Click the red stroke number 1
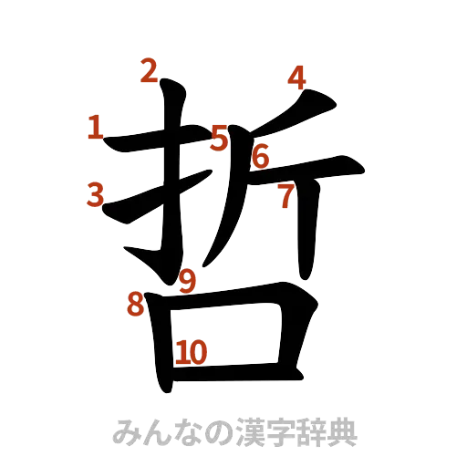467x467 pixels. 95,128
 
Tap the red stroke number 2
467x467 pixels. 150,69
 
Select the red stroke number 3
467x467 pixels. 98,193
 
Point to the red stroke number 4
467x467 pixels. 296,78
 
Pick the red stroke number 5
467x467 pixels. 220,138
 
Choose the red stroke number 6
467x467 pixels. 261,157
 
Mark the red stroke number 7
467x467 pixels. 285,194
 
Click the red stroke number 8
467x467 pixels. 135,305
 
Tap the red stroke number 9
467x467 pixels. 187,282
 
